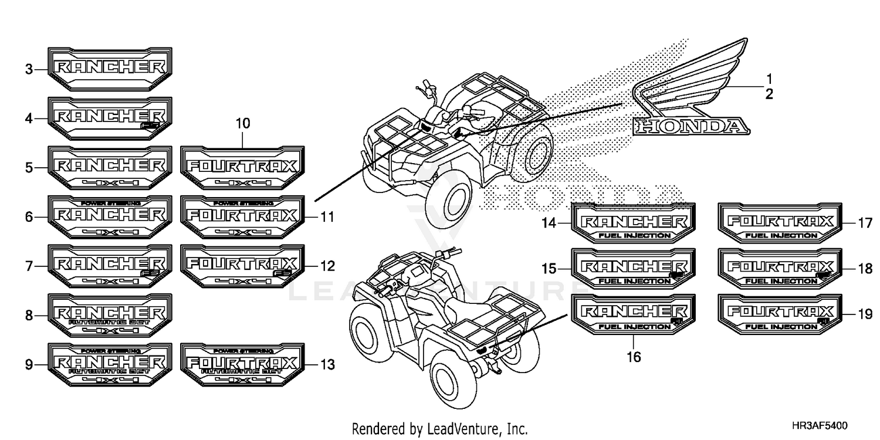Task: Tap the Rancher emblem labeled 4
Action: click(110, 118)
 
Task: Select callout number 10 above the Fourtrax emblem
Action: click(243, 124)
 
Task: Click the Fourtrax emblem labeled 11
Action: click(242, 217)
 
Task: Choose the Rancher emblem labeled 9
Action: click(110, 365)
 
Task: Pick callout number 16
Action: click(634, 356)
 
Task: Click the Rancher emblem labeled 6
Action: click(110, 217)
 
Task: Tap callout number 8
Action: click(28, 316)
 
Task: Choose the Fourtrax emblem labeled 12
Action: click(242, 266)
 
